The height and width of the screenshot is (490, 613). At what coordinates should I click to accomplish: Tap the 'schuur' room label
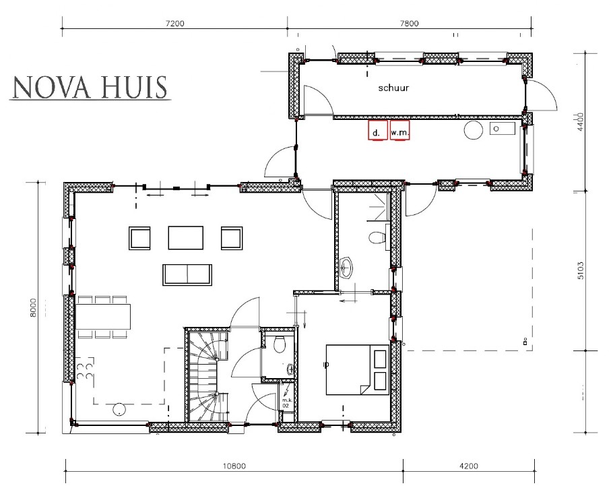coord(393,88)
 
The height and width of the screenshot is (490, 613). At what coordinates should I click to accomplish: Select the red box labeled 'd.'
coord(377,131)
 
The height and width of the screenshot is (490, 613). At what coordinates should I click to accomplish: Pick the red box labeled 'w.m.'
coord(400,131)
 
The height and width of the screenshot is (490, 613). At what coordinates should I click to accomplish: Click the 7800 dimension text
coord(409,23)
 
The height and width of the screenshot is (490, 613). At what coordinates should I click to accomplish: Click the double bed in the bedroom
coord(358,369)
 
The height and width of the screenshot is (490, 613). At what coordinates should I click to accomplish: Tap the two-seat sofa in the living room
coord(185,274)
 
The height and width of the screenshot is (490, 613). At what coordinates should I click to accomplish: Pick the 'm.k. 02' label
coord(286,403)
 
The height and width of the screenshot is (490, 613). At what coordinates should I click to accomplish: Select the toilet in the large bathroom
coord(377,238)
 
